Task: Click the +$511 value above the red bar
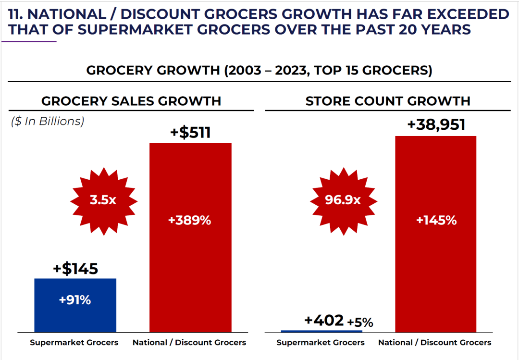[190, 132]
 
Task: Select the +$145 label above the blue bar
[75, 269]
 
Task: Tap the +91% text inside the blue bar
[75, 300]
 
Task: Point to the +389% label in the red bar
[190, 221]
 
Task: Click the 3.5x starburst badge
[103, 199]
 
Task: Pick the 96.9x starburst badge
[343, 199]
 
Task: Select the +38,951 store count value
[436, 125]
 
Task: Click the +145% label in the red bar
[436, 221]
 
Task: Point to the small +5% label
[360, 323]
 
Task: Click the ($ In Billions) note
[48, 122]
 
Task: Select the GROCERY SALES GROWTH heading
[131, 101]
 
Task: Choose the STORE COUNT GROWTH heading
[388, 101]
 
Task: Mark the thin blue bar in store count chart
[321, 331]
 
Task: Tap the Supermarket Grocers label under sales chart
[74, 343]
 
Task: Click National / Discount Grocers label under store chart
[435, 343]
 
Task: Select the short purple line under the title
[29, 42]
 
